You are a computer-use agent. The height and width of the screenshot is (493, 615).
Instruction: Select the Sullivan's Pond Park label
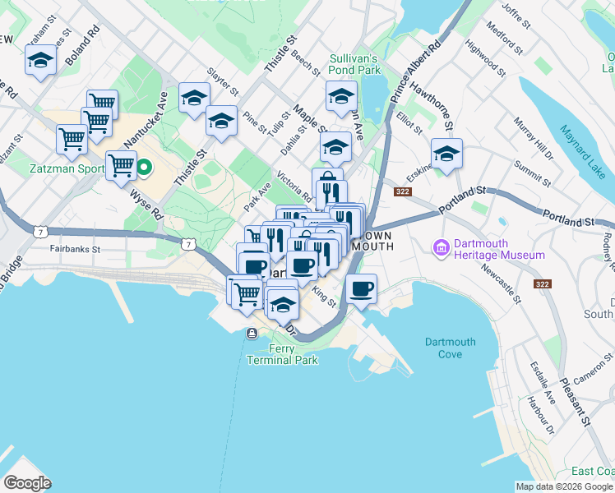tap(354, 65)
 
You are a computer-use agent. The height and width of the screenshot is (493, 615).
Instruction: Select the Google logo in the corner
tap(27, 483)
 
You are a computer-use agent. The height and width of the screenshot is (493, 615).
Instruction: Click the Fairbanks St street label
tap(74, 248)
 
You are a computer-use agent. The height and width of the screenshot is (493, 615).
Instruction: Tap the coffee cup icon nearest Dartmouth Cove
tap(361, 288)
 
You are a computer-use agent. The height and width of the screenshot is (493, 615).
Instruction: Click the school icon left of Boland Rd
tap(40, 59)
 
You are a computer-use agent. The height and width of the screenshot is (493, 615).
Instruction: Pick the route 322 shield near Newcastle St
tap(542, 283)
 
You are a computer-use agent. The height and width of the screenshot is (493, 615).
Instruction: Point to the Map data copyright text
tap(564, 486)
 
